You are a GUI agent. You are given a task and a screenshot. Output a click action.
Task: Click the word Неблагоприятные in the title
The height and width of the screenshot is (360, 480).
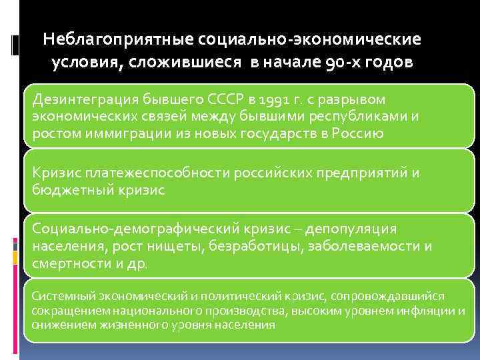[x=118, y=39]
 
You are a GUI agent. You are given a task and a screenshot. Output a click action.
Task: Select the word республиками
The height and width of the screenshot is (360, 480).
[x=363, y=115]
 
